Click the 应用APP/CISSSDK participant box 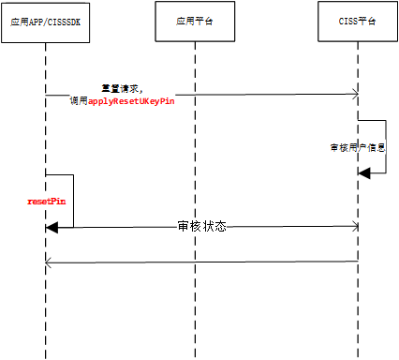tap(45, 21)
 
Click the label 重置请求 tap(121, 88)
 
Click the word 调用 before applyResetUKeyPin tap(79, 100)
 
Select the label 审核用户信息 tap(359, 148)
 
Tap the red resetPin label tap(45, 201)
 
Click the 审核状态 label tap(201, 227)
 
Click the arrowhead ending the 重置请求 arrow tap(355, 94)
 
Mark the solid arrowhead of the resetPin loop tap(52, 226)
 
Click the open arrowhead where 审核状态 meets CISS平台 tap(355, 226)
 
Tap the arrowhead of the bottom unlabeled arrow tap(50, 262)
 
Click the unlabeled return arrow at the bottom tap(201, 262)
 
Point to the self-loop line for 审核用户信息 tap(385, 145)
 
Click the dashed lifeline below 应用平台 tap(195, 300)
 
